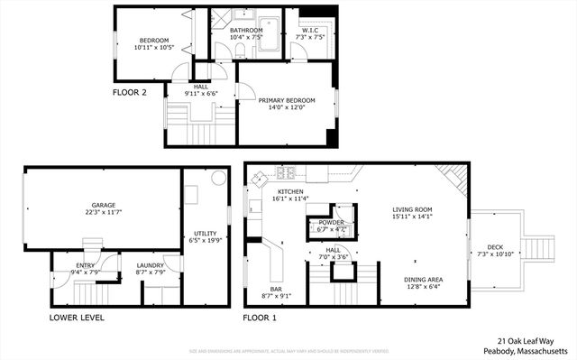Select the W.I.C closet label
pos(312,31)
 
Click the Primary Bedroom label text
pos(287,100)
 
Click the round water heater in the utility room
pos(217,179)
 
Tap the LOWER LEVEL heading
pos(77,318)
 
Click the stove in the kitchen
pos(287,172)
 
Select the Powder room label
pos(331,221)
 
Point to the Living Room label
pos(414,209)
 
